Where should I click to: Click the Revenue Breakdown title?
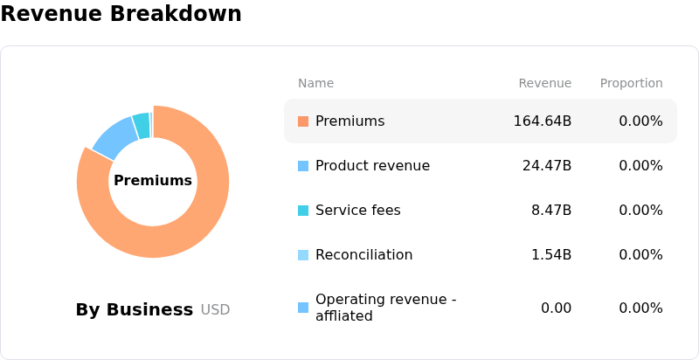coord(121,13)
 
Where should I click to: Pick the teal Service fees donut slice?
coord(142,126)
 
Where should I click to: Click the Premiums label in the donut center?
coord(153,181)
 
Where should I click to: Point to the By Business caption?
coord(135,309)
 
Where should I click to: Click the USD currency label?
coord(215,309)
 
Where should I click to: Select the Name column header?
coord(315,83)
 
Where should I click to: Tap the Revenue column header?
coord(544,83)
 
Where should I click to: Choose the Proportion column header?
coord(631,83)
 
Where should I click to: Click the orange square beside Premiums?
coord(303,121)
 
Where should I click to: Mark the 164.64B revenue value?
coord(543,121)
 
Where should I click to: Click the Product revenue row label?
coord(373,166)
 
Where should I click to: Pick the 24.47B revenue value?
coord(547,166)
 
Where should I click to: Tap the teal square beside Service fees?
coord(303,211)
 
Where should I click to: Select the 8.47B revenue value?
coord(551,211)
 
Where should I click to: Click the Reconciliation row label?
coord(363,255)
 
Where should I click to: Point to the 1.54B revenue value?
coord(551,255)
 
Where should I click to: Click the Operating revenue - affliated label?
coord(386,308)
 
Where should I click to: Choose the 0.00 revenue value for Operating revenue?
coord(556,308)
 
